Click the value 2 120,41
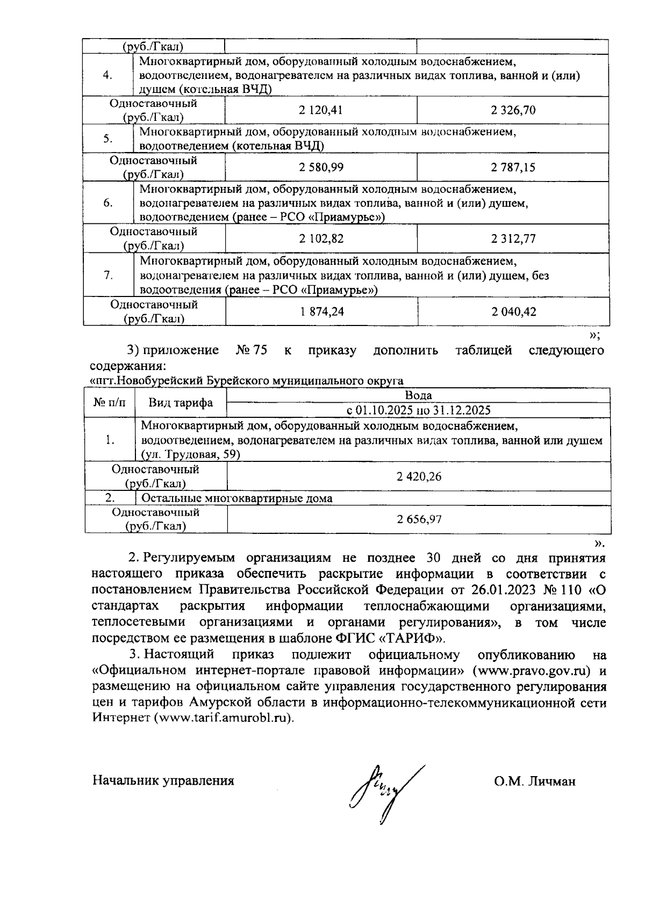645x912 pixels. pyautogui.click(x=321, y=111)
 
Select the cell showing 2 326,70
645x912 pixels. pyautogui.click(x=513, y=111)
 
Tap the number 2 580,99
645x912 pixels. pyautogui.click(x=321, y=167)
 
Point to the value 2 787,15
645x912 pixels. pyautogui.click(x=513, y=168)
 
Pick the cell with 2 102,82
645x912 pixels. pyautogui.click(x=321, y=238)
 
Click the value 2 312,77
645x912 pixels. pyautogui.click(x=513, y=238)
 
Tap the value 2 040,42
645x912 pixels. pyautogui.click(x=513, y=312)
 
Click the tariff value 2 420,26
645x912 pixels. pyautogui.click(x=419, y=476)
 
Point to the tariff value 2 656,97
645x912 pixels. pyautogui.click(x=419, y=519)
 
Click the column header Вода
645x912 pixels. pyautogui.click(x=418, y=396)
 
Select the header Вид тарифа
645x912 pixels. pyautogui.click(x=180, y=403)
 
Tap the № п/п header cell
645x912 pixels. pyautogui.click(x=109, y=402)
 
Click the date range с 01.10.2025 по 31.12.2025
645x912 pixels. pyautogui.click(x=418, y=410)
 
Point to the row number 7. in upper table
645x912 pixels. pyautogui.click(x=108, y=276)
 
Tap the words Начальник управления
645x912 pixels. pyautogui.click(x=163, y=781)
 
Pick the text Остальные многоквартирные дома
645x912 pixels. pyautogui.click(x=236, y=498)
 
